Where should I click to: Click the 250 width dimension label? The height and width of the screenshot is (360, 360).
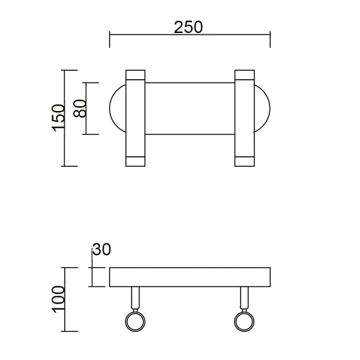pyautogui.click(x=188, y=27)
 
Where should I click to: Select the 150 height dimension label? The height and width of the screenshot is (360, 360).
pyautogui.click(x=58, y=118)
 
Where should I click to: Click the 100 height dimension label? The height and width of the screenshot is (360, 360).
pyautogui.click(x=58, y=299)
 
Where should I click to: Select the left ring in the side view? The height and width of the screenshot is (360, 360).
pyautogui.click(x=134, y=321)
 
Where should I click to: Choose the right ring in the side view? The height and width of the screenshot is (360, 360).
pyautogui.click(x=244, y=321)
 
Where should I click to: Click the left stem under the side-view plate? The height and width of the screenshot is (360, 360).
pyautogui.click(x=135, y=298)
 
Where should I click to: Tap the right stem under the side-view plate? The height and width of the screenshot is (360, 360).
pyautogui.click(x=244, y=298)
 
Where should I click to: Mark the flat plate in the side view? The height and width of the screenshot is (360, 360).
pyautogui.click(x=190, y=277)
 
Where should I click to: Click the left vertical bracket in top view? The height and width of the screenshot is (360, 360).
pyautogui.click(x=135, y=118)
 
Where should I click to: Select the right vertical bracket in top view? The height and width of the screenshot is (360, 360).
pyautogui.click(x=244, y=118)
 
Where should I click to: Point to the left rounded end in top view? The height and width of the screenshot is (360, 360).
pyautogui.click(x=117, y=108)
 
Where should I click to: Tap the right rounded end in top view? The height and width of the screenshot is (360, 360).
pyautogui.click(x=262, y=108)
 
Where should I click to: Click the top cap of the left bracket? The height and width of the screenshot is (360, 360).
pyautogui.click(x=135, y=75)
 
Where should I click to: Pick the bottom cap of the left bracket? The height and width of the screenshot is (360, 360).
pyautogui.click(x=135, y=161)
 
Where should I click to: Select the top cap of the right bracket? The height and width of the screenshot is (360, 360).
pyautogui.click(x=244, y=75)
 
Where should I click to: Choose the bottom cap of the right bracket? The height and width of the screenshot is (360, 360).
pyautogui.click(x=244, y=161)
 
